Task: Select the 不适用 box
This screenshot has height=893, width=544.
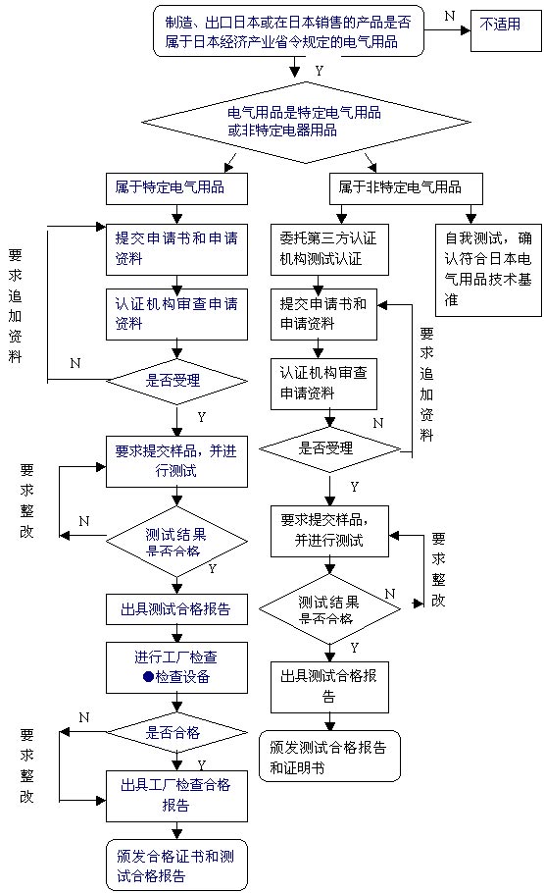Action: click(x=506, y=26)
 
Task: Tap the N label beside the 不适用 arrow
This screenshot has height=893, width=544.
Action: click(x=450, y=16)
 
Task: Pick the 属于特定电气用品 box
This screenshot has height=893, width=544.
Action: click(x=176, y=186)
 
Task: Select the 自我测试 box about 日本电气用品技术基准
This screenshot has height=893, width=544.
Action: click(x=488, y=269)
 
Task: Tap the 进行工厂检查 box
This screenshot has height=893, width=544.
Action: click(x=176, y=666)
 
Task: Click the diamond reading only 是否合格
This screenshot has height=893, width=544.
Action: click(x=176, y=731)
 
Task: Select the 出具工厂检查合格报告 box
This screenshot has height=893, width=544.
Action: click(x=176, y=795)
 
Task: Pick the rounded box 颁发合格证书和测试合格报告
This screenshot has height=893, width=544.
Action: click(x=176, y=865)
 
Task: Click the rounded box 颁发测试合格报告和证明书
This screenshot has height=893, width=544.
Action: click(x=329, y=757)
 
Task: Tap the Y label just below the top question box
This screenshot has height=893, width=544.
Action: click(x=319, y=71)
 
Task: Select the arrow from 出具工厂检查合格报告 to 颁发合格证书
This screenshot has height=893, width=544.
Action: click(x=176, y=829)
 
